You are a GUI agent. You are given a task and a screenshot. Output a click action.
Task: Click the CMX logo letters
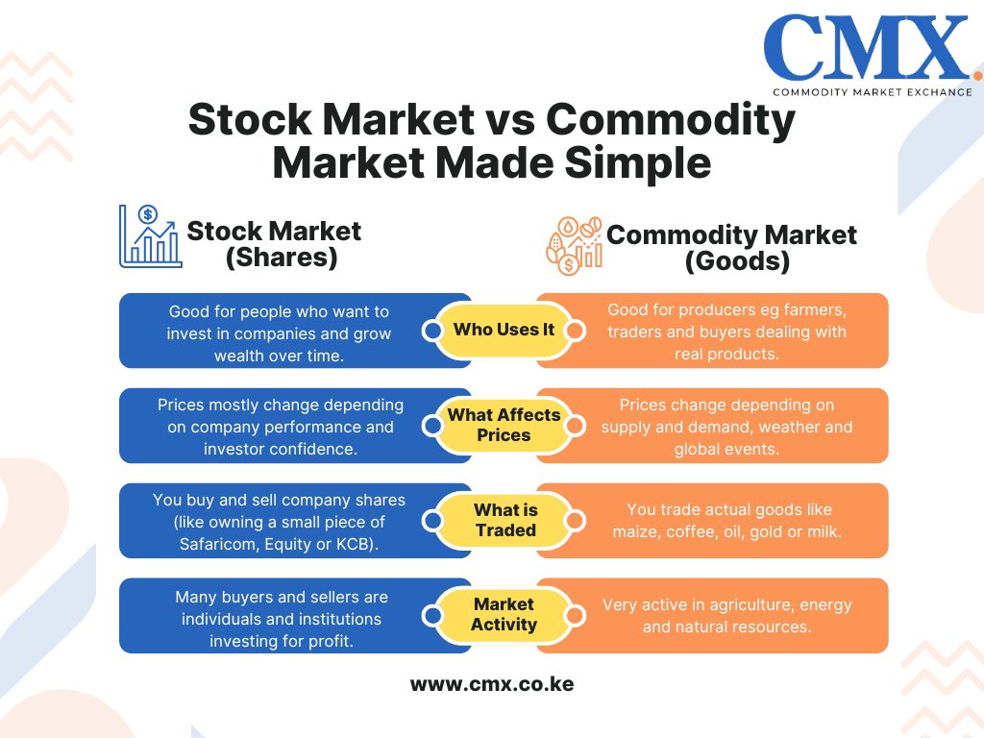866,49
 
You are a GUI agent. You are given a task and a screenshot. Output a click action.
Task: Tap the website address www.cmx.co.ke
492,685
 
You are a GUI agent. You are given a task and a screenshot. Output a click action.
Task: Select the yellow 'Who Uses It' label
504,330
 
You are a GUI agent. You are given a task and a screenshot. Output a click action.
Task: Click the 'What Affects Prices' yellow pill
504,425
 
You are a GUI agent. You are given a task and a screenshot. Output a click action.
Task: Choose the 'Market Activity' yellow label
504,614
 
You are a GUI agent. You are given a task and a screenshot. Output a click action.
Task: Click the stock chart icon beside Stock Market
150,236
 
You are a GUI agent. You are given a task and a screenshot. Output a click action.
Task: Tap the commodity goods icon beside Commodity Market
574,244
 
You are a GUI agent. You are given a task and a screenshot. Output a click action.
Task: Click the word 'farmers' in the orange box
819,310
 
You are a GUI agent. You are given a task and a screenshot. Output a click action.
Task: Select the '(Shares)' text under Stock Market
280,258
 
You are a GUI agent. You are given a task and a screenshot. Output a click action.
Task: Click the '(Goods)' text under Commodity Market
737,261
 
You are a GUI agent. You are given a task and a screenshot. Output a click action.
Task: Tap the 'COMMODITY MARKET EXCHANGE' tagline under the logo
872,92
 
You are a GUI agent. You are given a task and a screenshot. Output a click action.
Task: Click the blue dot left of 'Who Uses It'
432,331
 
